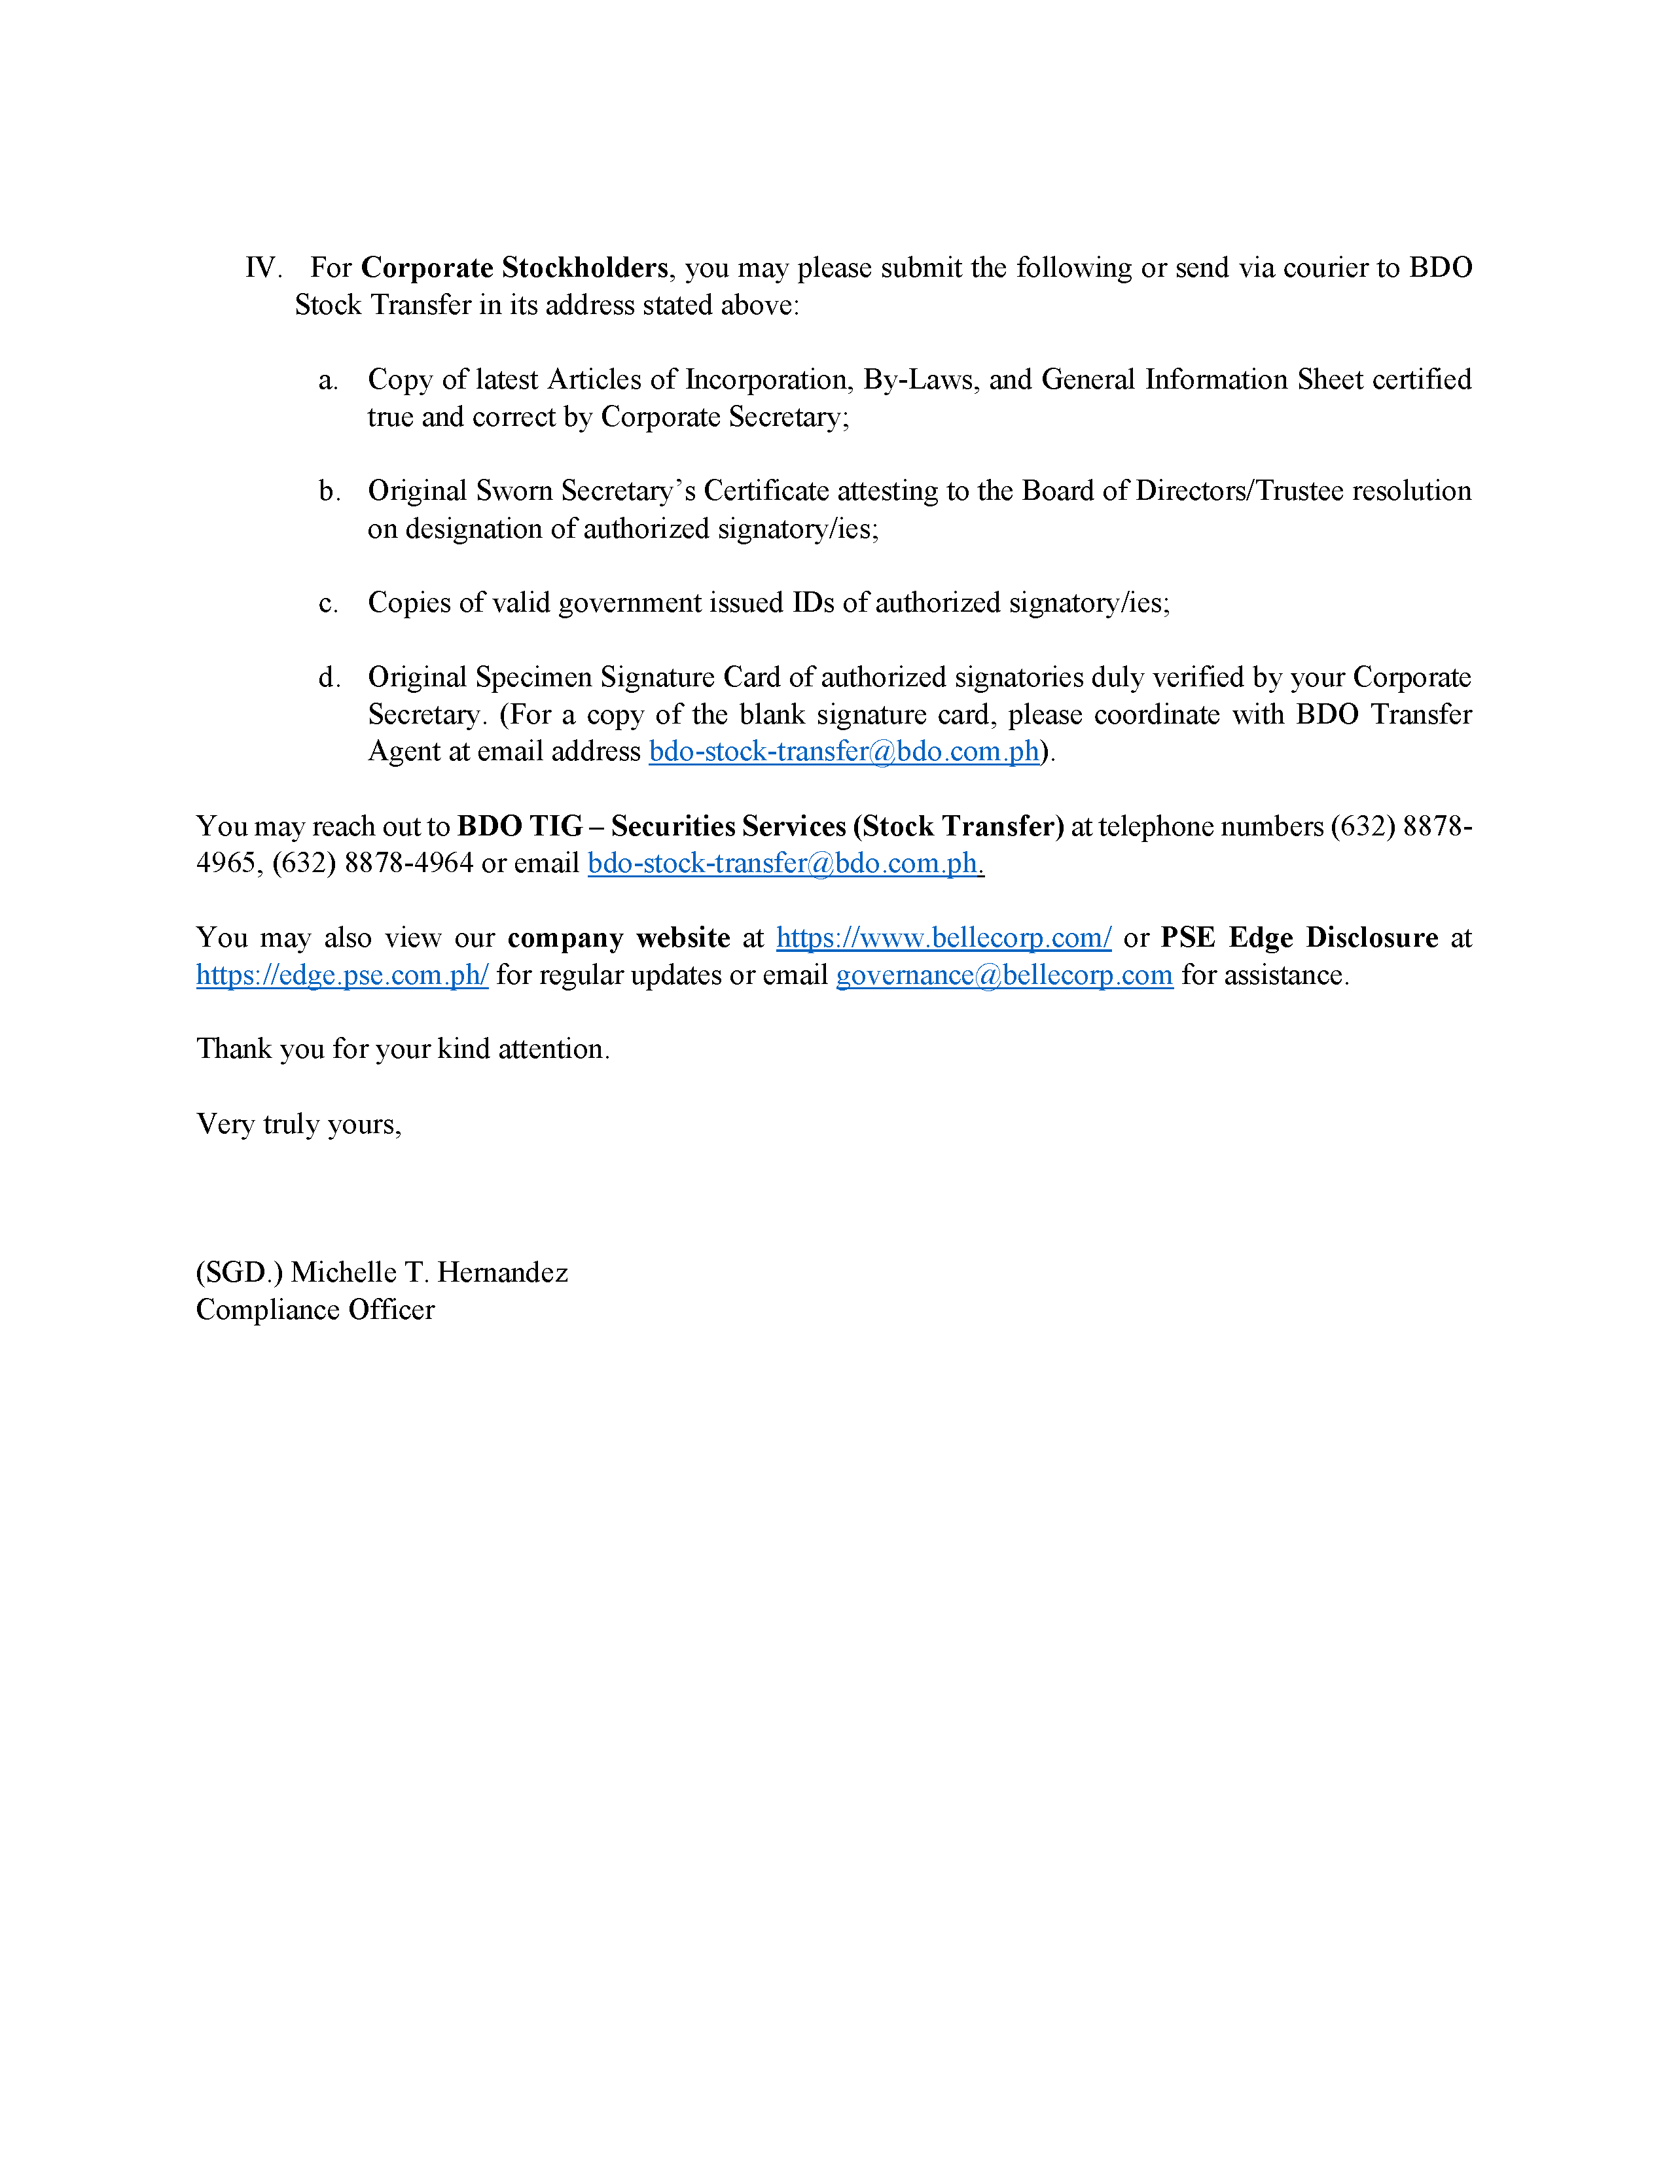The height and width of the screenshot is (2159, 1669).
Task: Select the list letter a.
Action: [329, 381]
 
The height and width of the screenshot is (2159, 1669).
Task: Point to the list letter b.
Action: [329, 491]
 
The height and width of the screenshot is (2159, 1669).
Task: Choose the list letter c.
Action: [329, 603]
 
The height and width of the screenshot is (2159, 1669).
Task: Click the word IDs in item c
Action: [813, 603]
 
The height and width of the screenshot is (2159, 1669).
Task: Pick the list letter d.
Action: [329, 678]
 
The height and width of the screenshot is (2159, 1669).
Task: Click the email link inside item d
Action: [844, 752]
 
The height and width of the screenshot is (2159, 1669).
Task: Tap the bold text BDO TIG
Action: [519, 826]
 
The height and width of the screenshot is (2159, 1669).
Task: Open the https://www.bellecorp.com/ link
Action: [943, 938]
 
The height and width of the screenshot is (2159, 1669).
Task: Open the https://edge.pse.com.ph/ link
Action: [342, 975]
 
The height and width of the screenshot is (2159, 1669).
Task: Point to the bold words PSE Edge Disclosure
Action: [1299, 938]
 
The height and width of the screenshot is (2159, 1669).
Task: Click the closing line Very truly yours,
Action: [298, 1125]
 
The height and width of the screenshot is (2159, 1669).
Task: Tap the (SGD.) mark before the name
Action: [240, 1273]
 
